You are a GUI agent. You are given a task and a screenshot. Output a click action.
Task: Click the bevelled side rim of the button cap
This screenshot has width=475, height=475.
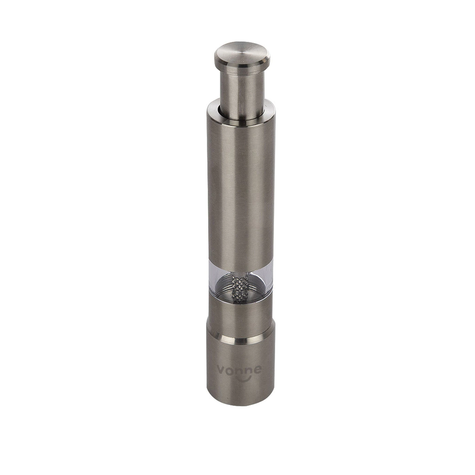click(x=242, y=65)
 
